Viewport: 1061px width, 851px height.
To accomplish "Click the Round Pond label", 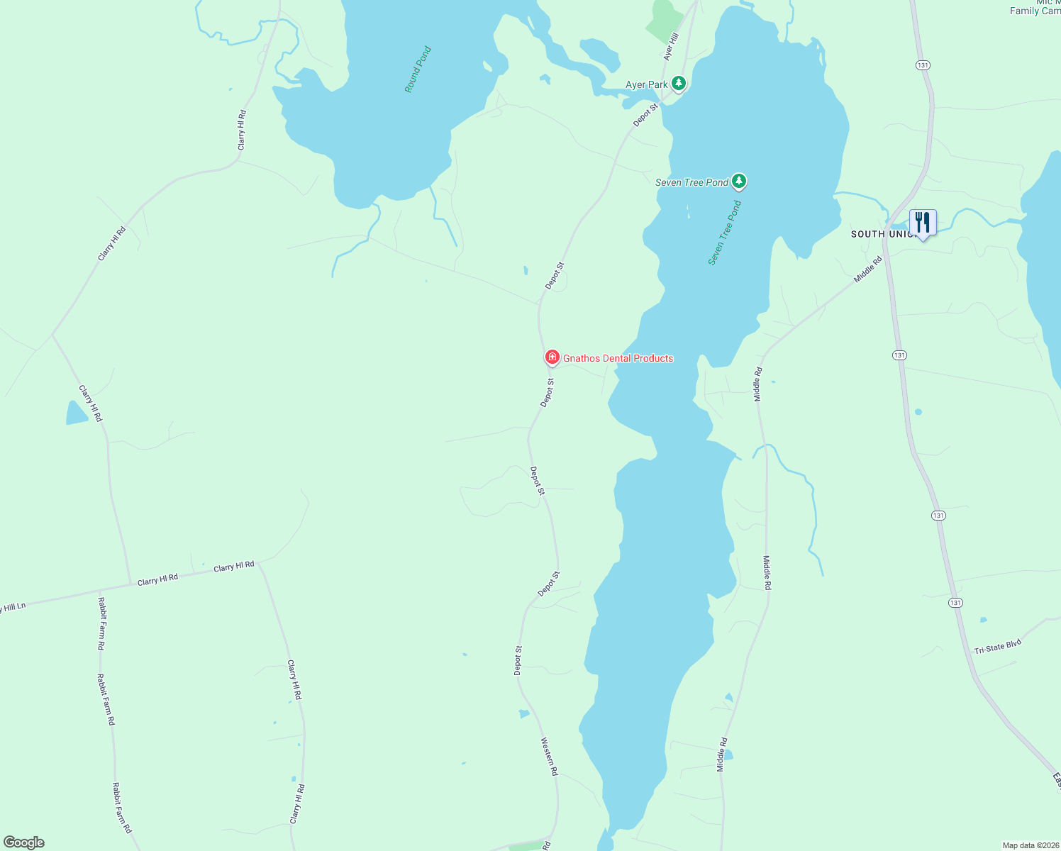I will tap(418, 69).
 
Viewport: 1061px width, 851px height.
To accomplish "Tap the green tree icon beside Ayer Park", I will tap(679, 84).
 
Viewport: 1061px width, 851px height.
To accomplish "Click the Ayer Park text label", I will tap(646, 84).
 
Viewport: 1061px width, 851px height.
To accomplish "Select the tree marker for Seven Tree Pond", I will tap(739, 182).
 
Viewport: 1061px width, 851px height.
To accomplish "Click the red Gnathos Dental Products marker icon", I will tap(552, 357).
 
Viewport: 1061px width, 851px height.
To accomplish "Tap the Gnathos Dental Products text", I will tap(618, 358).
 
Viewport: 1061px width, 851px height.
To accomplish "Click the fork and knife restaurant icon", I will tap(922, 223).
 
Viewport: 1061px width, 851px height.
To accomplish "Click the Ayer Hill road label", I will tap(671, 45).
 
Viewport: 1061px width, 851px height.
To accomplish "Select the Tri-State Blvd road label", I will tap(997, 647).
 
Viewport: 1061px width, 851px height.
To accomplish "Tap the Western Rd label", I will tap(550, 757).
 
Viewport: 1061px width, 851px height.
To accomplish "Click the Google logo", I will tap(24, 842).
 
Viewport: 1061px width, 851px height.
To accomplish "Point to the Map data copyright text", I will tap(1030, 845).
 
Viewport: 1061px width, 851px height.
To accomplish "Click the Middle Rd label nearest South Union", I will tap(868, 269).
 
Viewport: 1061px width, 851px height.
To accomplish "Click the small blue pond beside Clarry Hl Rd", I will tap(76, 413).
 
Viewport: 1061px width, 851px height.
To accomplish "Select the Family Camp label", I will tap(1035, 11).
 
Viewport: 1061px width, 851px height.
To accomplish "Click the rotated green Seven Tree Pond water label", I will tap(724, 233).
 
